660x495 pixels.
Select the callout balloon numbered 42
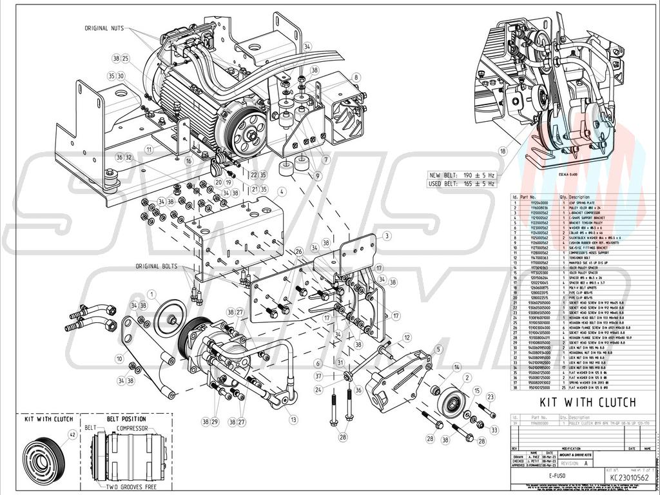click(72, 435)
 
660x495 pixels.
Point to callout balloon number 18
click(503, 151)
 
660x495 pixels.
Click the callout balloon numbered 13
click(293, 420)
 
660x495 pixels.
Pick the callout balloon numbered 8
click(355, 78)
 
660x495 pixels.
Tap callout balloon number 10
click(119, 358)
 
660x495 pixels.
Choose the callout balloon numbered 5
click(438, 350)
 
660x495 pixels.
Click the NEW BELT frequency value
click(479, 175)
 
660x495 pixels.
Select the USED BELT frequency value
click(479, 183)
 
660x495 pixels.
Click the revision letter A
click(586, 463)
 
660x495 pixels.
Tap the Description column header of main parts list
click(579, 197)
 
